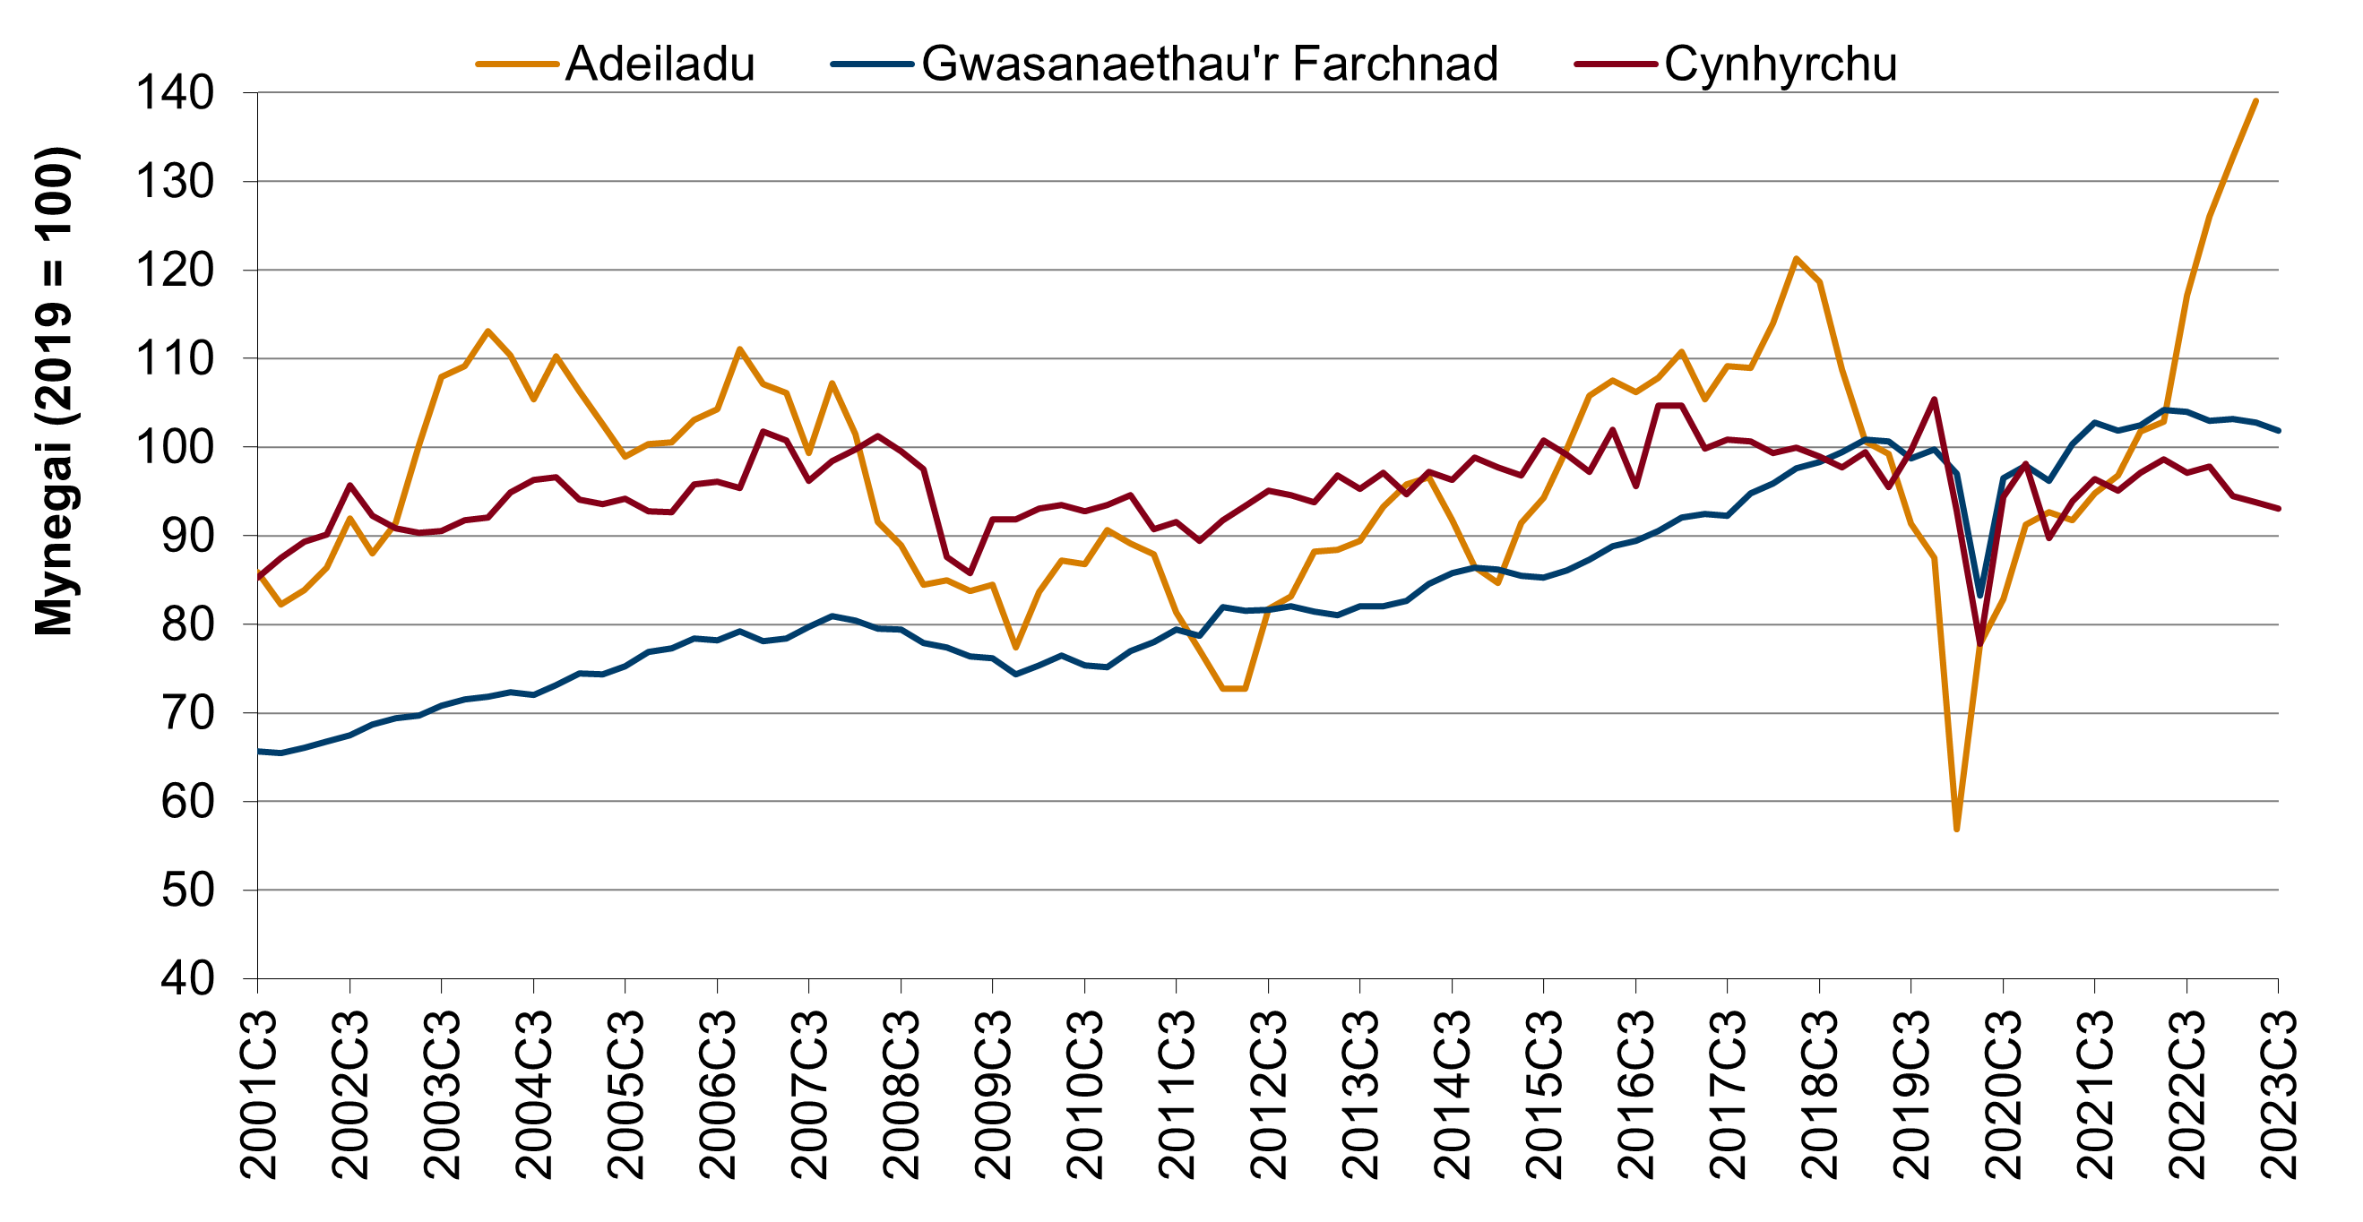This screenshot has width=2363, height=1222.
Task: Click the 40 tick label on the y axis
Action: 187,979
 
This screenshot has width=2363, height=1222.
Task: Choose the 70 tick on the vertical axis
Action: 187,713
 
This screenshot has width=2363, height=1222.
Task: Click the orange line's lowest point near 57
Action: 1957,830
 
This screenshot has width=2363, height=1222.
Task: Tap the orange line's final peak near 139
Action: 2255,101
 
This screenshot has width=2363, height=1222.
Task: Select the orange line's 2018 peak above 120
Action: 1796,259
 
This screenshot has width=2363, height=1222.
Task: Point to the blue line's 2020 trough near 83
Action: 1979,596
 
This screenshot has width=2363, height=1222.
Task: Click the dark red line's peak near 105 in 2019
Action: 1934,399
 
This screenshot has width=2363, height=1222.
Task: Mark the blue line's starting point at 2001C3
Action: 258,752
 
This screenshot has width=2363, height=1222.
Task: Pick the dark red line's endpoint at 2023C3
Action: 2279,508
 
